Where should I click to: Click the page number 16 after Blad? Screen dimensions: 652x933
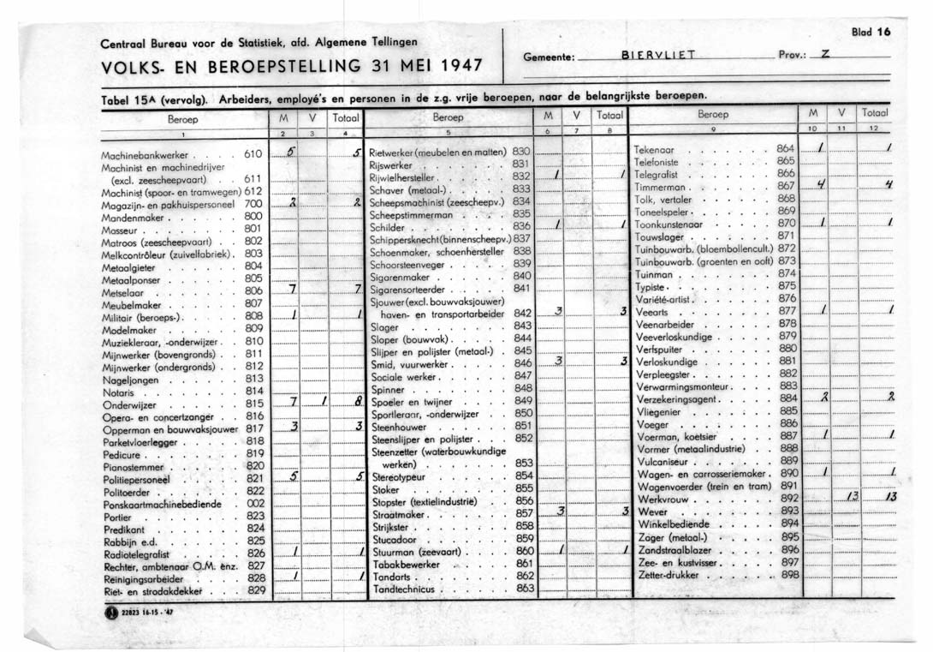point(883,32)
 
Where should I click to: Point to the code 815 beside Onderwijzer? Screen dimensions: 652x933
point(254,403)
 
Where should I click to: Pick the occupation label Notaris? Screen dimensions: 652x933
point(118,391)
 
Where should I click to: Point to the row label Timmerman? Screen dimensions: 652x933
point(662,186)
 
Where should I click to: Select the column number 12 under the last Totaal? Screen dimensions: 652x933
point(874,128)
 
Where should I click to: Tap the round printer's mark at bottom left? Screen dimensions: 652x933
point(110,613)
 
